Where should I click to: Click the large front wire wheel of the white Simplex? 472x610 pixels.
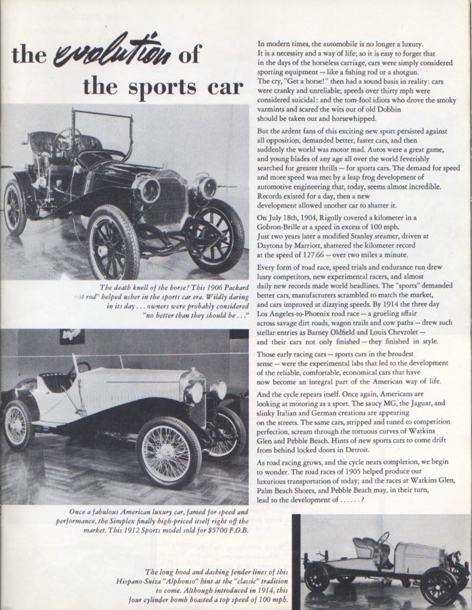169,451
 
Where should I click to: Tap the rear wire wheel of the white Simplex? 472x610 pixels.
17,425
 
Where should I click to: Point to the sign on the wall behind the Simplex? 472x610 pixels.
72,337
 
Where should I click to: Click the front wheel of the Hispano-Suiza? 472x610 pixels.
439,585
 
